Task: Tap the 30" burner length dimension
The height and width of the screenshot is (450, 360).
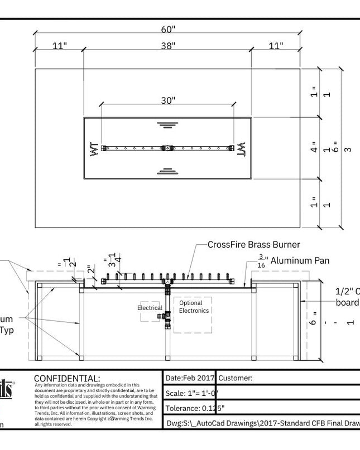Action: coord(167,100)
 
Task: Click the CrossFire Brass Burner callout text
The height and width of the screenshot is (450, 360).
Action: coord(253,244)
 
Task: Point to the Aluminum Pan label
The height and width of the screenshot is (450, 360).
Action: coord(300,260)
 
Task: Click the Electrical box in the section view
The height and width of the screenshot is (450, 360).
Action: coord(150,308)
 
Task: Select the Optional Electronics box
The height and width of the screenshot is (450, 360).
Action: coord(193,307)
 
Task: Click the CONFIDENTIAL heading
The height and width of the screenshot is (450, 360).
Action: coord(67,379)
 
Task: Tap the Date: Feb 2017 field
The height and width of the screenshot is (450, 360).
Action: coord(190,378)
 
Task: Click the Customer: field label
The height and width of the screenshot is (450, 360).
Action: coord(235,378)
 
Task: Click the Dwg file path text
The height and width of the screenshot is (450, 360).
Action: coord(262,422)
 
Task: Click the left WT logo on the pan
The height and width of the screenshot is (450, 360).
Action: coord(93,149)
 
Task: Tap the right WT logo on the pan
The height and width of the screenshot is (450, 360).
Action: coord(241,149)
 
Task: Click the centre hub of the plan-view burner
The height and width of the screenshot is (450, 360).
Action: coord(167,148)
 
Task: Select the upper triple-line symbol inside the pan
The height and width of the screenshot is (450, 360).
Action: coord(166,124)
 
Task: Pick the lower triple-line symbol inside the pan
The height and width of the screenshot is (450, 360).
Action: coord(166,171)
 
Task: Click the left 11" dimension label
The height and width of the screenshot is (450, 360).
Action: coord(59,45)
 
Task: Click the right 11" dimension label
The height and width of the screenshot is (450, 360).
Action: coord(275,45)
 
